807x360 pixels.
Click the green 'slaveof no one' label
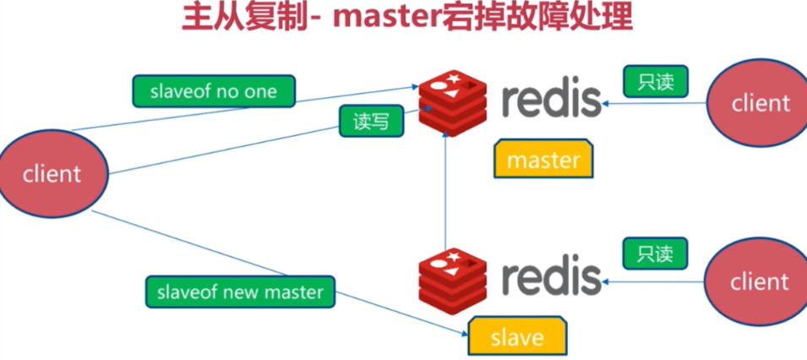(x=214, y=91)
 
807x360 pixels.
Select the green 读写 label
(x=371, y=121)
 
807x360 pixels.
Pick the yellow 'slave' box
(x=517, y=337)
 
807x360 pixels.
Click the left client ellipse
(x=53, y=175)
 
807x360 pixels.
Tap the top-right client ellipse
(x=761, y=103)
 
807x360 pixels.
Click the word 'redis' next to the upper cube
(x=551, y=100)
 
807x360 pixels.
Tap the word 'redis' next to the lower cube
(x=551, y=276)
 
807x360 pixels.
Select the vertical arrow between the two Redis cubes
(x=445, y=194)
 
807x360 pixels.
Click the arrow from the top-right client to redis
(x=655, y=104)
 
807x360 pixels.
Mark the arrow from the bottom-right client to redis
(x=655, y=281)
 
